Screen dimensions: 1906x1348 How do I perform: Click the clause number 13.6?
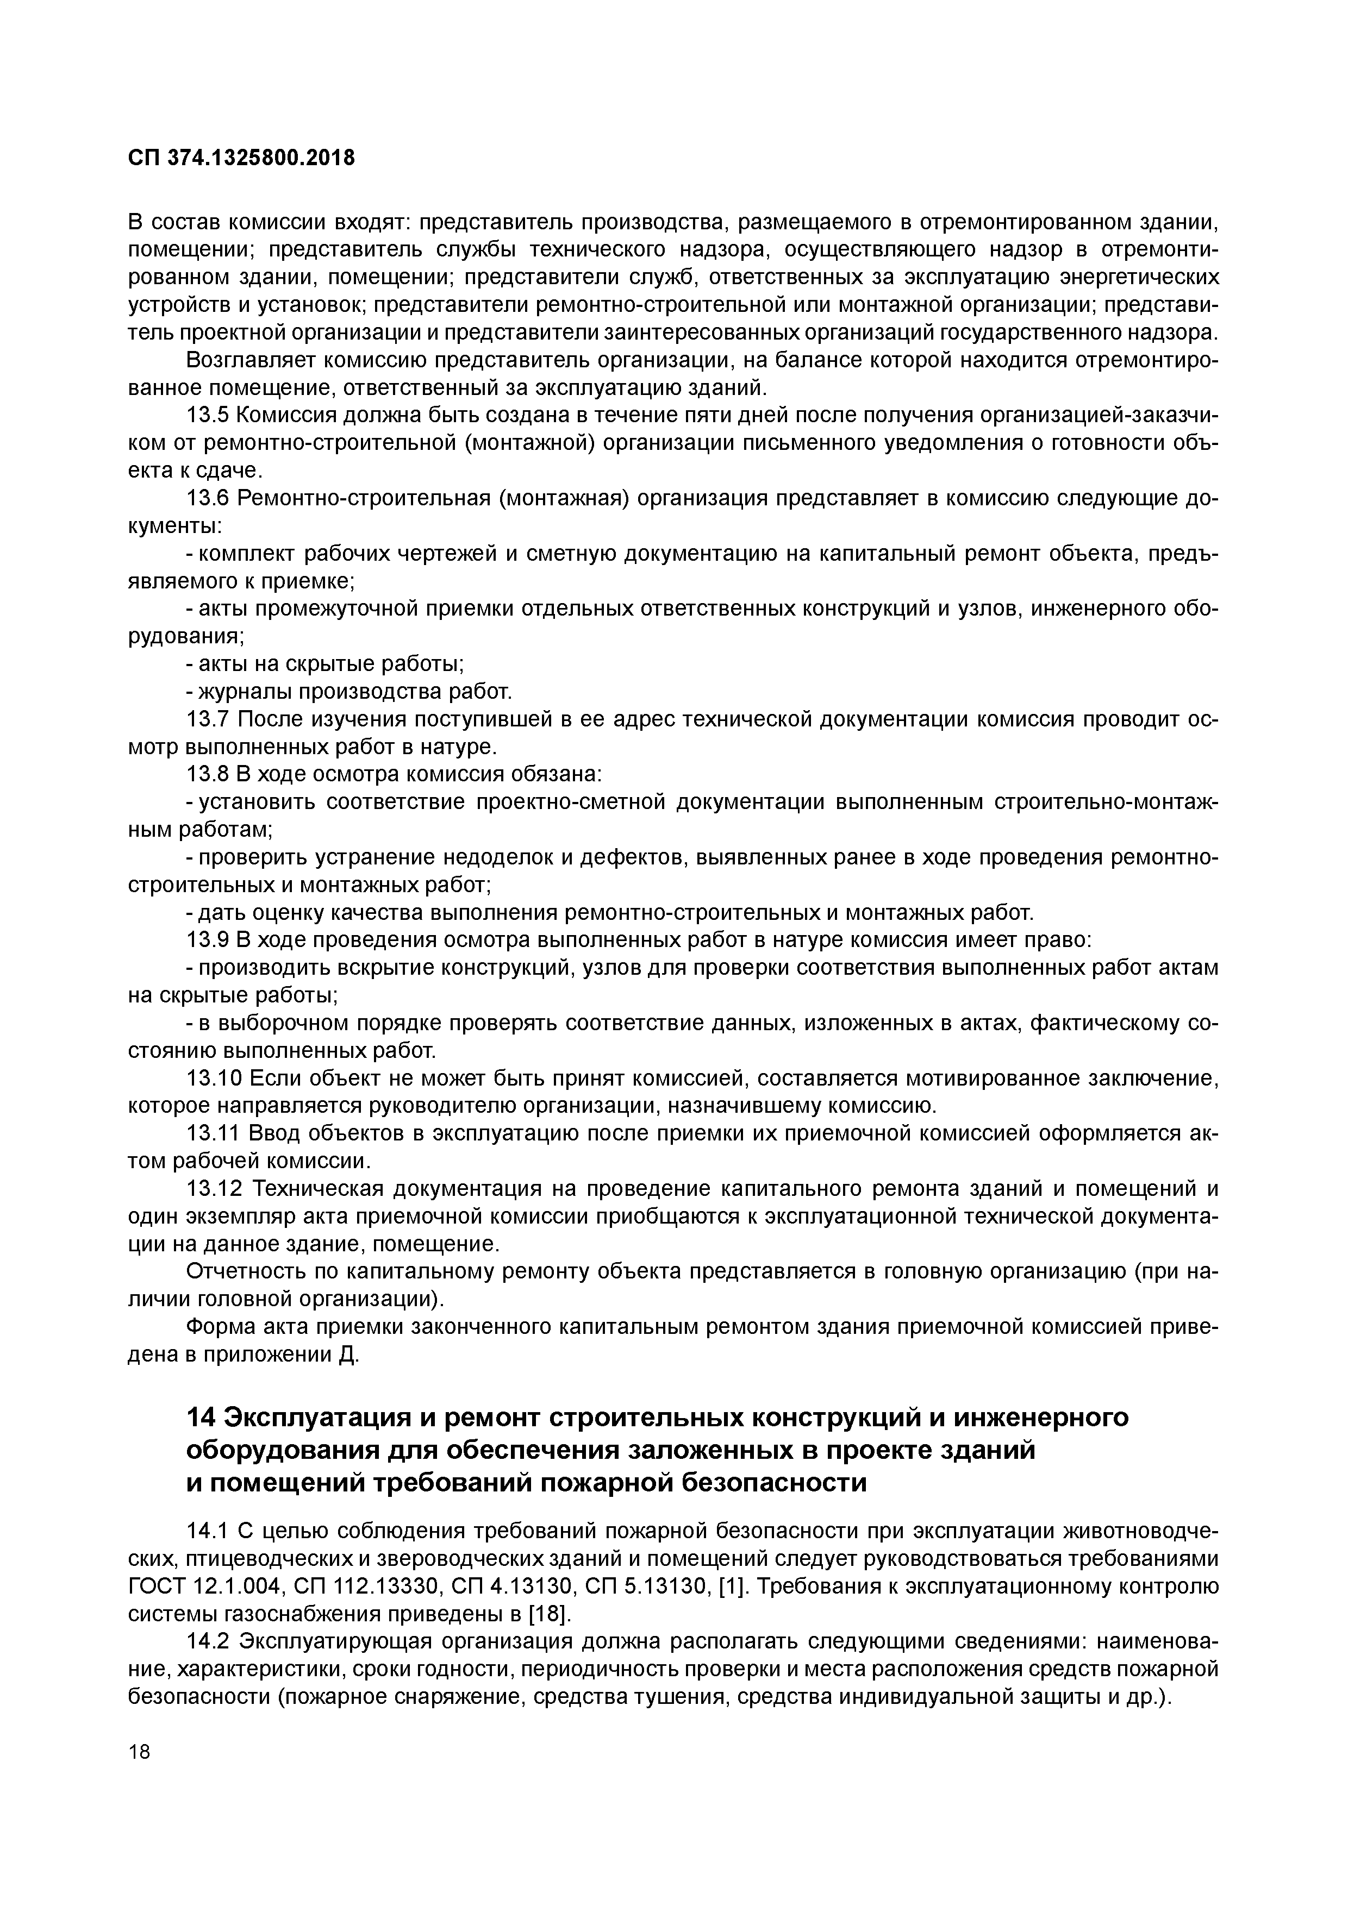tap(208, 498)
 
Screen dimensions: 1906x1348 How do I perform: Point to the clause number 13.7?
tap(208, 719)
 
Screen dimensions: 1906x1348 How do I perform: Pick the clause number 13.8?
tap(208, 775)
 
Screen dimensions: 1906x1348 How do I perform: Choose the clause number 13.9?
tap(208, 940)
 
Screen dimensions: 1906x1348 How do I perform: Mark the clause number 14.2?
tap(208, 1641)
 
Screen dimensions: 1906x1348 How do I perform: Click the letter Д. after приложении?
tap(349, 1355)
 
